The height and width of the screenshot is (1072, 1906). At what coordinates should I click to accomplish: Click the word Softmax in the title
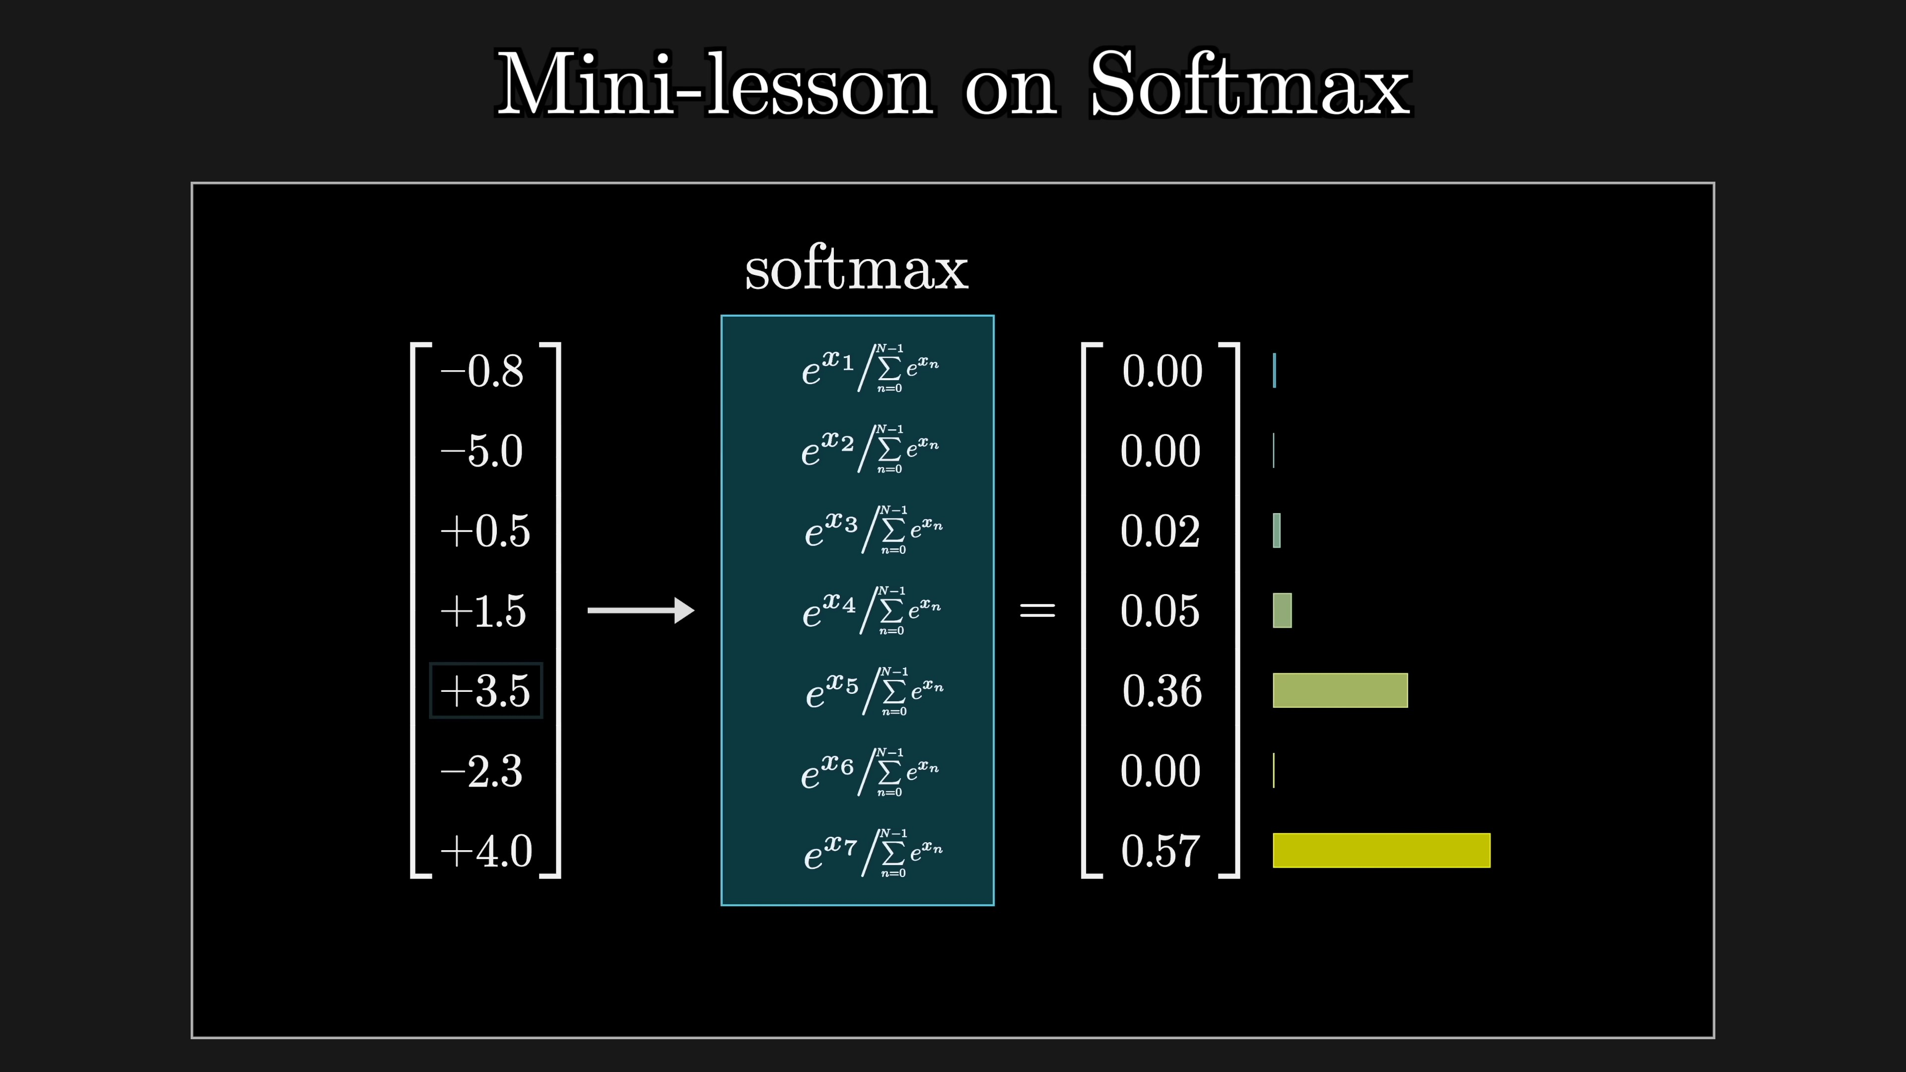1250,83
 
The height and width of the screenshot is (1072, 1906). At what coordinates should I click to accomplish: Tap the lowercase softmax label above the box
856,269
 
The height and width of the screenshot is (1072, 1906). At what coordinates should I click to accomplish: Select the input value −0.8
481,371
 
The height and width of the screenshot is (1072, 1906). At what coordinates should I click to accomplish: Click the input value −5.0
481,451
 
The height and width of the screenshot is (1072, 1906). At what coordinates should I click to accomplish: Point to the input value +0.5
485,531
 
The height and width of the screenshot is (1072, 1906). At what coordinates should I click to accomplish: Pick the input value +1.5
483,610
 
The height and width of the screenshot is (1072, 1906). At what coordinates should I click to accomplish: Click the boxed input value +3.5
485,691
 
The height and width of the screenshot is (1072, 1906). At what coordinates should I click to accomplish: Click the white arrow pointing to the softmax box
641,610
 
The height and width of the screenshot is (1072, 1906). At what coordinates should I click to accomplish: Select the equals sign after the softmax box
1037,610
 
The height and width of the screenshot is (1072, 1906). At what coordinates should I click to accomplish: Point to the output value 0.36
1161,691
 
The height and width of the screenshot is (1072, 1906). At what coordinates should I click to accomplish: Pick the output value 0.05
1160,611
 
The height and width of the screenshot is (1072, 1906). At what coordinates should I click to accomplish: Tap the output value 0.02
1160,531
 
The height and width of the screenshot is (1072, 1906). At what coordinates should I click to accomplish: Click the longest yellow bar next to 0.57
1381,850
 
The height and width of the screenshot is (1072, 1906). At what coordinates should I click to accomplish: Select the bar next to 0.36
1340,690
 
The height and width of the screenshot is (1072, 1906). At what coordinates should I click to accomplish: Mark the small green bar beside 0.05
1282,610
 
